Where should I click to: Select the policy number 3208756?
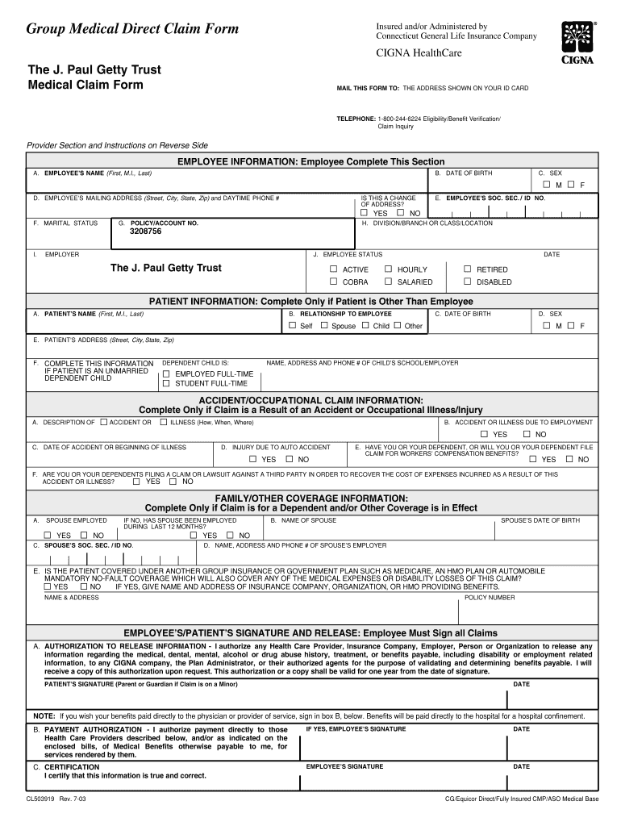(146, 232)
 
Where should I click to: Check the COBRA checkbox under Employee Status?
(334, 282)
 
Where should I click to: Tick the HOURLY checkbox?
(388, 269)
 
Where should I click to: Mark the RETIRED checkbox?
(467, 269)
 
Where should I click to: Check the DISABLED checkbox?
(467, 282)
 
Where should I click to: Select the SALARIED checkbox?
(388, 282)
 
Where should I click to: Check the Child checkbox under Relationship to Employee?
(365, 325)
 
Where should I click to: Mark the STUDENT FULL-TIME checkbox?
(166, 383)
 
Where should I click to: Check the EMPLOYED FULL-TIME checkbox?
(166, 373)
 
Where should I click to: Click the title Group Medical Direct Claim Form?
(133, 30)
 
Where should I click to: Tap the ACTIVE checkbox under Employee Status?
(334, 269)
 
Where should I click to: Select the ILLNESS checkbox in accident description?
(163, 422)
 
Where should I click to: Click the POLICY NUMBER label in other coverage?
(489, 598)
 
